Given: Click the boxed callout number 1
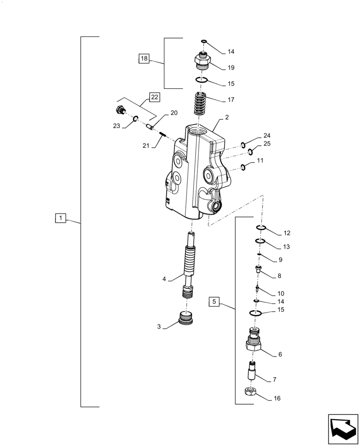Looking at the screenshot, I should (x=60, y=218).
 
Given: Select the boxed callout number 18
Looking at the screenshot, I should (x=143, y=58).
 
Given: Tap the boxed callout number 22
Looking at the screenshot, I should (x=154, y=96).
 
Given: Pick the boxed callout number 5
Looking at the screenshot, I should (x=214, y=302).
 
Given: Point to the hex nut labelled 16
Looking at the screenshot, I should (x=251, y=392).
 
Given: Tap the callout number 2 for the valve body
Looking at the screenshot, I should (x=227, y=118).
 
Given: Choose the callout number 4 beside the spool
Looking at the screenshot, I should (x=164, y=279).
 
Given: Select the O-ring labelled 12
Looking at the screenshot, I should (x=261, y=228).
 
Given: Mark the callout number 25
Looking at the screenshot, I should (x=267, y=144).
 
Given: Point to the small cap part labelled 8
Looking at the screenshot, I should (x=258, y=269).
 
